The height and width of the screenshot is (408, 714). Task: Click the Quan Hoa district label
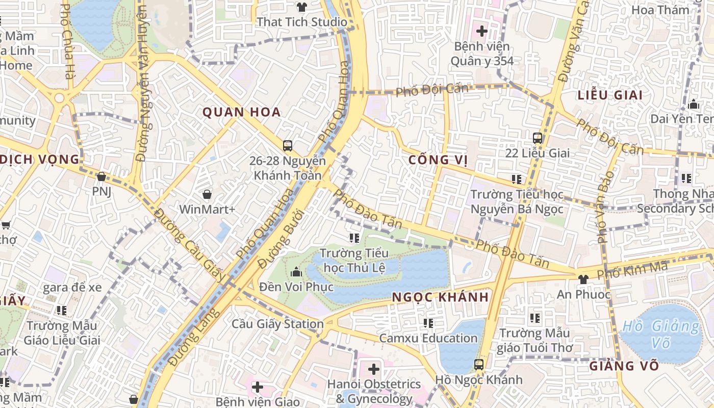point(242,112)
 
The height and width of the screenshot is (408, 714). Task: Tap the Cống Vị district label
point(438,160)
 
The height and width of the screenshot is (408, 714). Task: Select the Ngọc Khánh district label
point(441,297)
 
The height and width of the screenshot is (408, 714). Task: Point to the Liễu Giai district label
point(610,95)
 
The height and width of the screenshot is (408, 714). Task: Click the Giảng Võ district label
point(624,366)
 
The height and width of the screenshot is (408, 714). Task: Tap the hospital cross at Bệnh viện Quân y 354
point(481,31)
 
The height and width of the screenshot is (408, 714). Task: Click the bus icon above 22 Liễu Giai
point(537,138)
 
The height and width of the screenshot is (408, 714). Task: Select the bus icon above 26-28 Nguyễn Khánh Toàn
point(288,146)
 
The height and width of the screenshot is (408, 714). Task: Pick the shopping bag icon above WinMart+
point(207,194)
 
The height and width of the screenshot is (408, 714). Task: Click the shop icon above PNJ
point(101,177)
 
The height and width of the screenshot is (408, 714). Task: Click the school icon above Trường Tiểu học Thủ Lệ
point(354,238)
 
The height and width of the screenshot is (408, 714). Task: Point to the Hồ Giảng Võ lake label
point(661,334)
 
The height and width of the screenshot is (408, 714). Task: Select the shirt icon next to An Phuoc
point(583,279)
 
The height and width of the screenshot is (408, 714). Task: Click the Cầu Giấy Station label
point(277,324)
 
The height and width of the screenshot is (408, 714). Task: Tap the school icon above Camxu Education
point(428,323)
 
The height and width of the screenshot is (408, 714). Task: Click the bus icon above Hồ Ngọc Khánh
point(478,365)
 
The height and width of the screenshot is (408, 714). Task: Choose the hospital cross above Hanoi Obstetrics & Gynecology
point(374,369)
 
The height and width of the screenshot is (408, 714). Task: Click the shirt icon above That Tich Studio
point(302,7)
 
